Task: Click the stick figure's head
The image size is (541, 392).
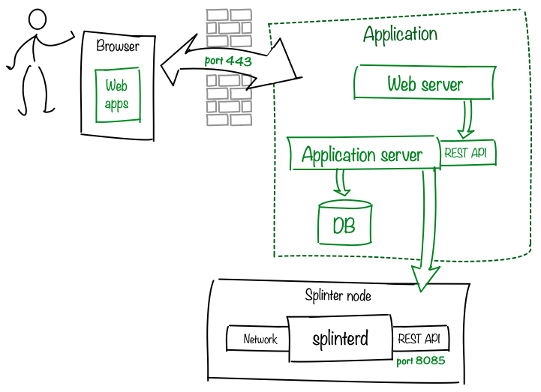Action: (38, 19)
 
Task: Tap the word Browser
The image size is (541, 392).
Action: (118, 46)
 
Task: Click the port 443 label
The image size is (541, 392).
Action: (228, 61)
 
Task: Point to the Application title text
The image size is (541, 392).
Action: (400, 34)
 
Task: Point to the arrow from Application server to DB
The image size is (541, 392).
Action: (341, 183)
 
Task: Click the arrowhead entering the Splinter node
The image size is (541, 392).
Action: (425, 278)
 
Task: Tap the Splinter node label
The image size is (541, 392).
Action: (338, 295)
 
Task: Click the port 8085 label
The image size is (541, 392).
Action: (421, 361)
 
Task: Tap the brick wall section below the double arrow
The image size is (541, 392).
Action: (229, 100)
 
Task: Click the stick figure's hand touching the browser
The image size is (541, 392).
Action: (72, 34)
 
